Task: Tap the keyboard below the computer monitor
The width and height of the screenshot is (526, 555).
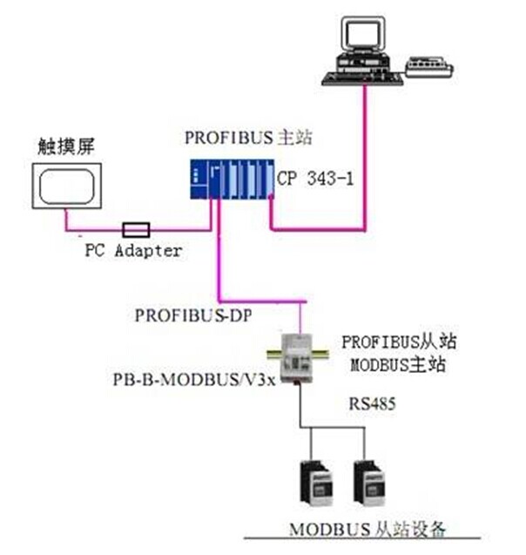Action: (361, 78)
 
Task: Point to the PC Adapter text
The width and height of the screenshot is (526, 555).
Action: (133, 251)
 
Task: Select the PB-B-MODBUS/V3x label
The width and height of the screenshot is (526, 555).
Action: (194, 380)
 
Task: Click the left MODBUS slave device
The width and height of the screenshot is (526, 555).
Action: (314, 482)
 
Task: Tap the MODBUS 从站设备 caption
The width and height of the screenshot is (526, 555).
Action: (368, 529)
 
